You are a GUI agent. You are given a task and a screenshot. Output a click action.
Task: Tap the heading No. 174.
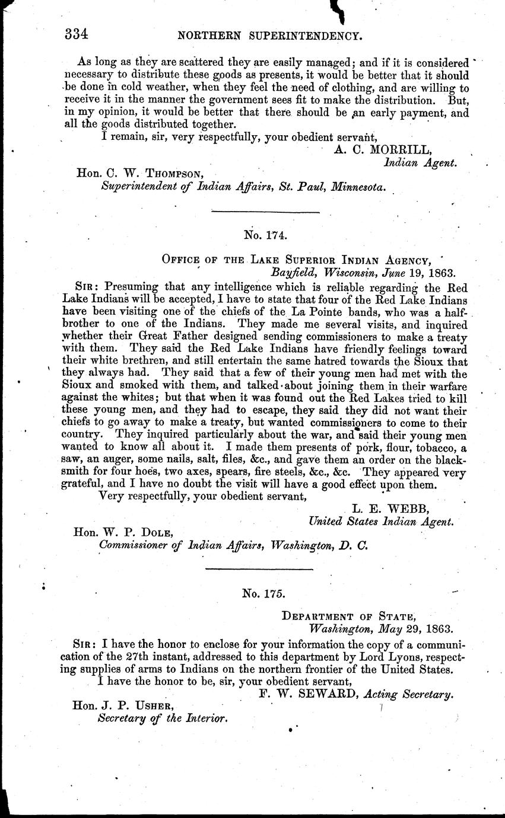(265, 235)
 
